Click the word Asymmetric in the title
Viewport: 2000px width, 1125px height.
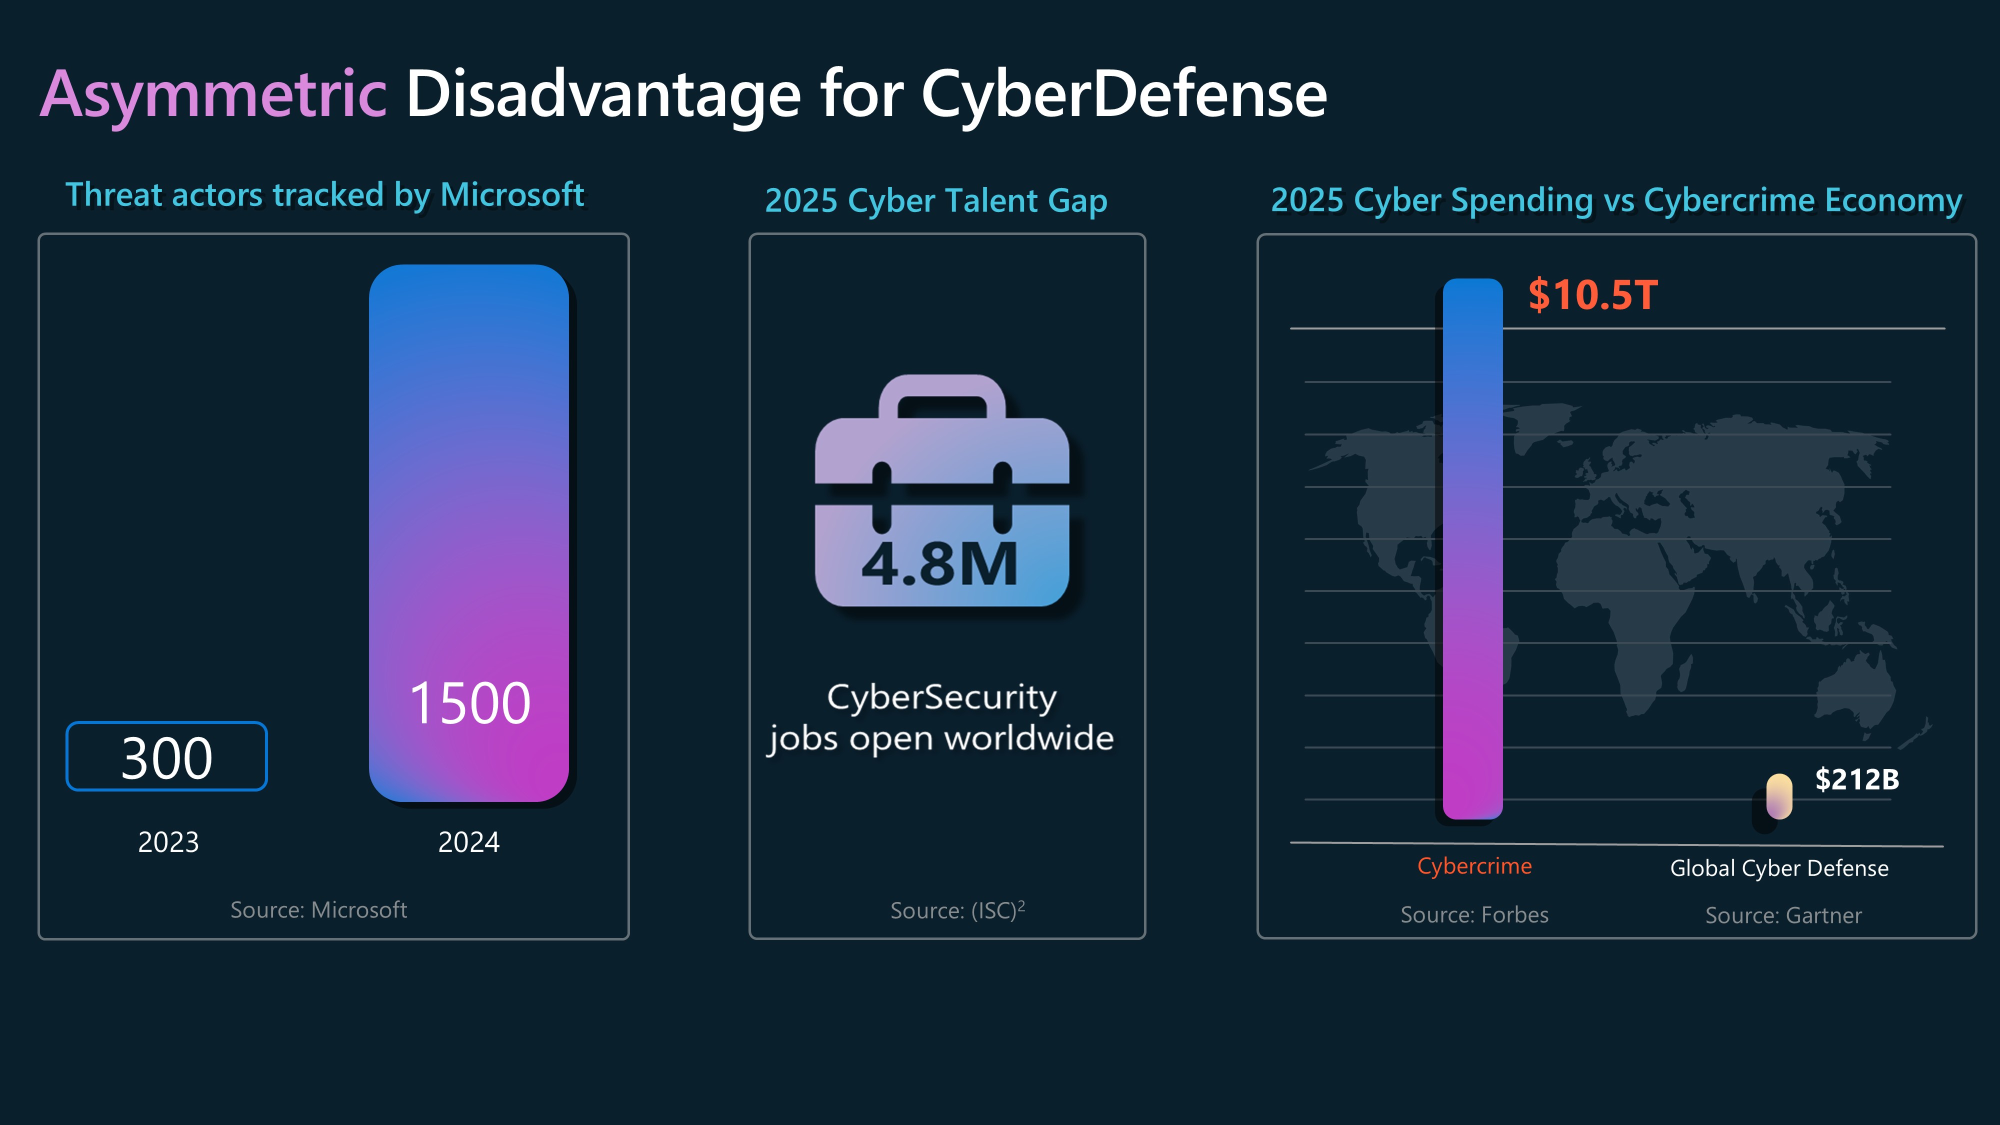213,94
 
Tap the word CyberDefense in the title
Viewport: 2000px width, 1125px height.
1123,94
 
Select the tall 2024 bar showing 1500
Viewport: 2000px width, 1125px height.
469,532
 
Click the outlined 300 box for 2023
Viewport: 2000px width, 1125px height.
167,756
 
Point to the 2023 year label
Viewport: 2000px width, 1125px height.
168,841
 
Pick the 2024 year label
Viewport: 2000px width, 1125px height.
469,841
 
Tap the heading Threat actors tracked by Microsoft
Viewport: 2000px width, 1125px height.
324,195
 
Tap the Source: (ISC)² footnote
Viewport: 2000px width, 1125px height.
957,910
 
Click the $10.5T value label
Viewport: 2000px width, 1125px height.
1592,295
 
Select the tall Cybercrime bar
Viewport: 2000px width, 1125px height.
1473,547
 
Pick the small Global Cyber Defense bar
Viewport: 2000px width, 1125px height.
1778,796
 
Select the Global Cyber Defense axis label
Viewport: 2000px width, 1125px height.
1778,868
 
